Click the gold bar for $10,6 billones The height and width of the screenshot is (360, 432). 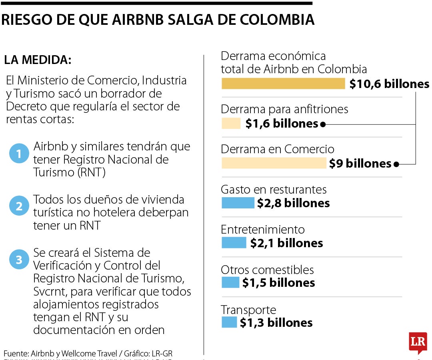pos(283,84)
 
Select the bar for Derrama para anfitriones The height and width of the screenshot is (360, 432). pos(231,124)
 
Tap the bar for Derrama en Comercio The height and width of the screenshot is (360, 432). pos(274,163)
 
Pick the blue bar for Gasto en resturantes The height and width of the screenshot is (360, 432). pos(238,203)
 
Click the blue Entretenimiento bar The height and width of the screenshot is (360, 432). pos(234,243)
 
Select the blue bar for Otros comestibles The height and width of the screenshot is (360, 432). pos(230,282)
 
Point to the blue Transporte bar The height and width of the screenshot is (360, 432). pos(229,322)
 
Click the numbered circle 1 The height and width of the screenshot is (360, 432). pos(19,153)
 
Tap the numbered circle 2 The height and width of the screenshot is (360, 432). pos(19,206)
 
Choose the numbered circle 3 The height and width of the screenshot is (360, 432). pos(19,259)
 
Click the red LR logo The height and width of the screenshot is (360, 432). pos(418,342)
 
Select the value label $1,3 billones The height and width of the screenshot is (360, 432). pos(276,323)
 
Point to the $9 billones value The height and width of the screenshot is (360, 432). pos(360,164)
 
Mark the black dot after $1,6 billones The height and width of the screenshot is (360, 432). pos(323,124)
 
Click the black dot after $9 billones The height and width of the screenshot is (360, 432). pos(396,164)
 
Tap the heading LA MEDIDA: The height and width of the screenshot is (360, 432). pos(38,60)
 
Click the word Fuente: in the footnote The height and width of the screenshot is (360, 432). pos(16,354)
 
